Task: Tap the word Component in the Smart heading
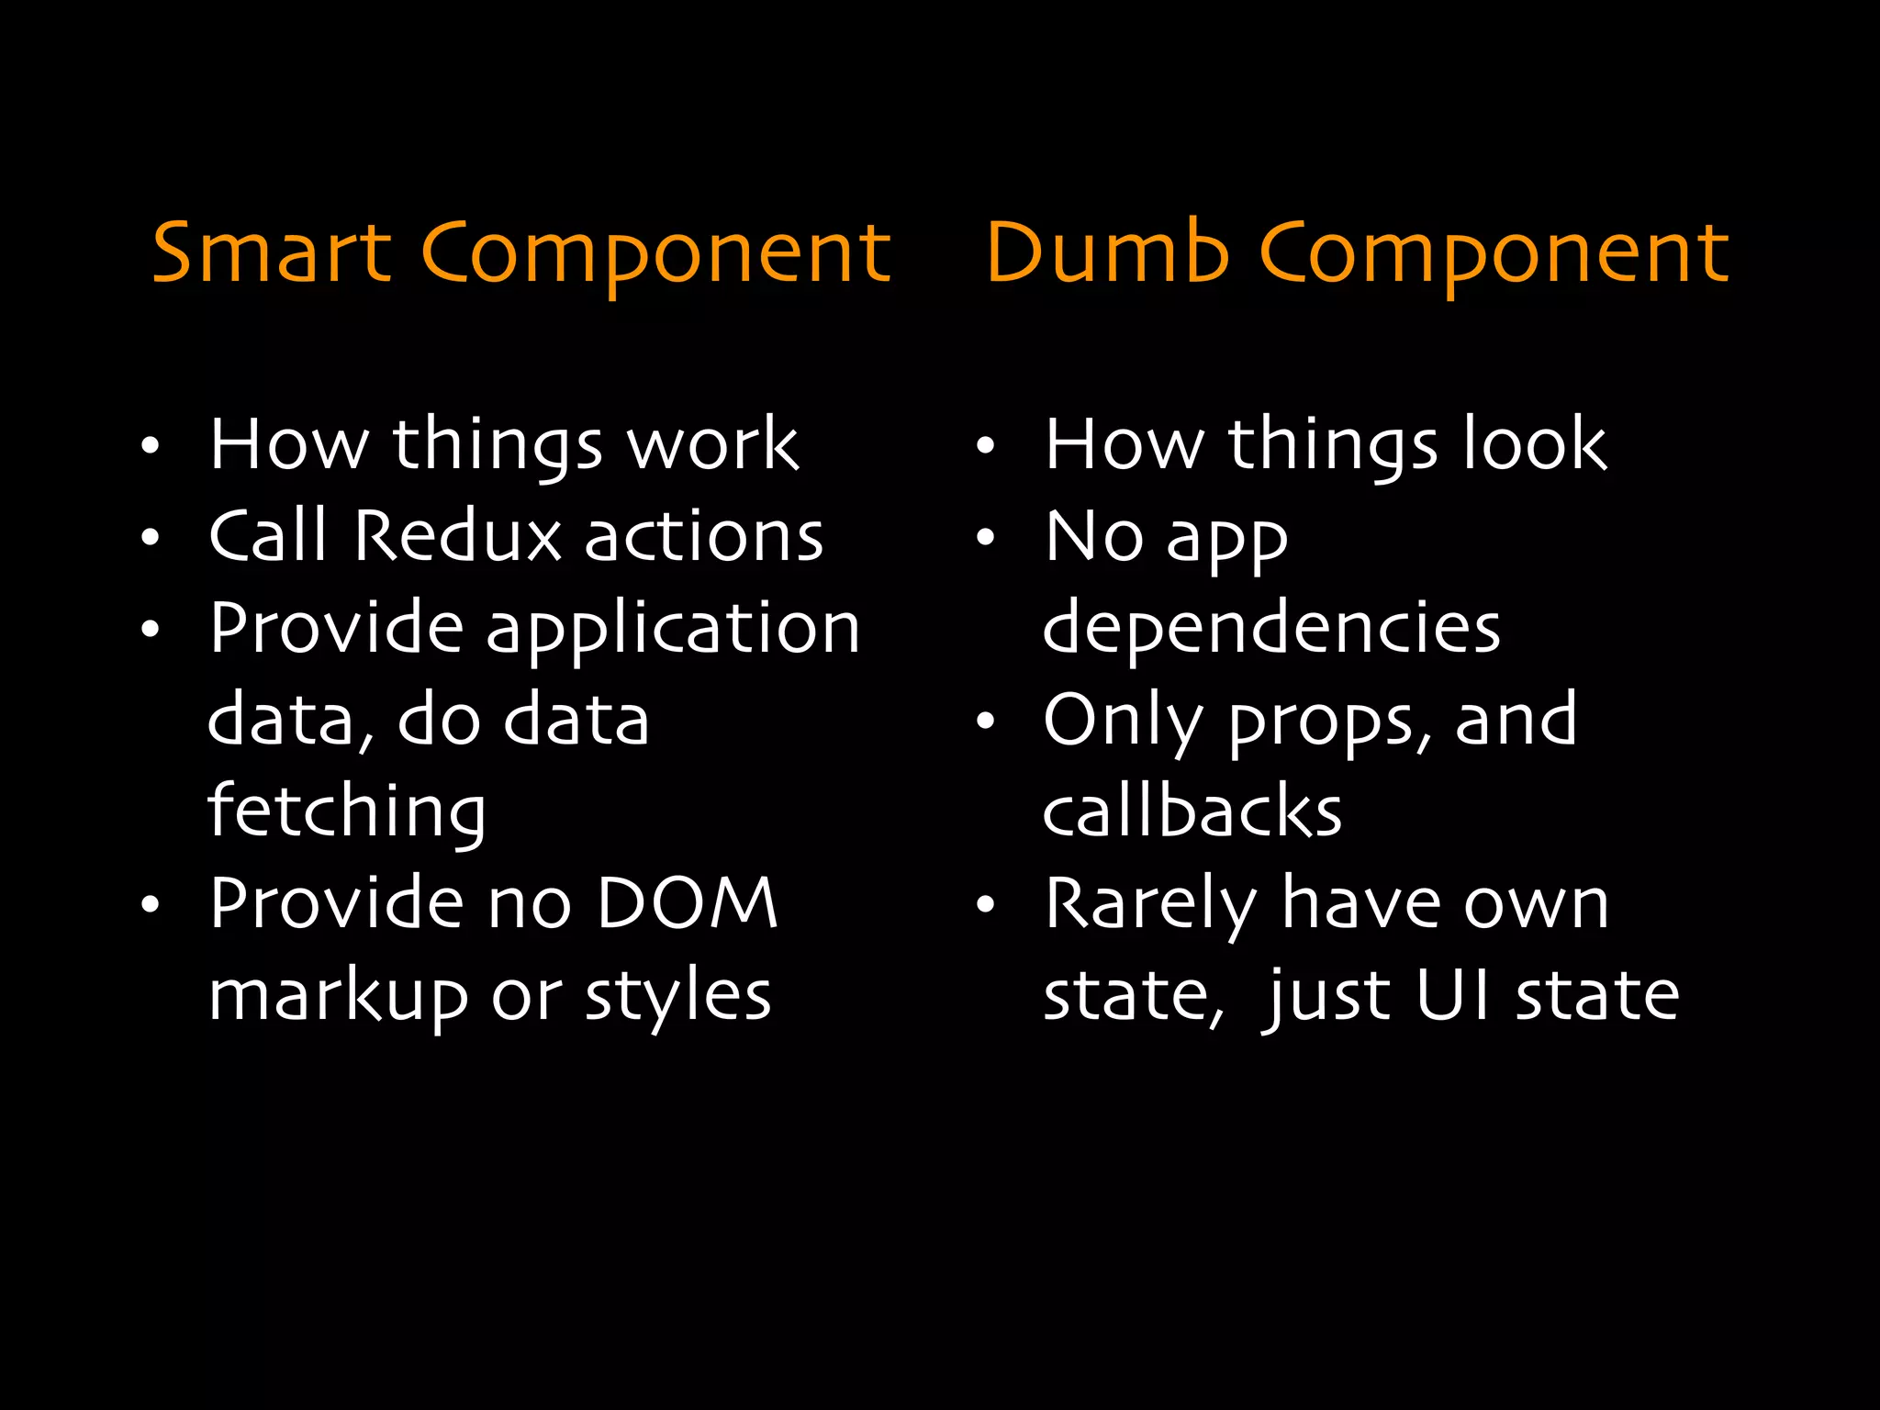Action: [655, 255]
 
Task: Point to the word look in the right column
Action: [1534, 444]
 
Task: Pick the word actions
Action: [704, 536]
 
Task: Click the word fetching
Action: [347, 813]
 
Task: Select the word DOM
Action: [687, 903]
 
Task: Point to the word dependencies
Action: [1271, 630]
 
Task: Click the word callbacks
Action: [1192, 811]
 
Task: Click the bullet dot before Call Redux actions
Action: [151, 538]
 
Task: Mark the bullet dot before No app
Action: [985, 538]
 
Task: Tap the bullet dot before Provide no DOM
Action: [151, 905]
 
